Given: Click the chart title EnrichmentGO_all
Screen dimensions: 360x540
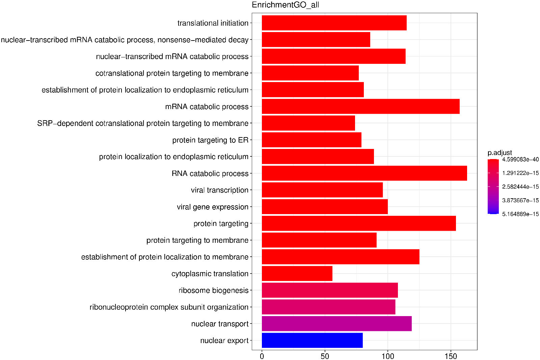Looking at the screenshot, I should click(x=285, y=5).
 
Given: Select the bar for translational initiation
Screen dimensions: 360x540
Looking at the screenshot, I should click(x=334, y=23).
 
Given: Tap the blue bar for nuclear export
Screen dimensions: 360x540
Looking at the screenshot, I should click(x=312, y=340).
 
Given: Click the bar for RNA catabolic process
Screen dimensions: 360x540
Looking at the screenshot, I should click(x=364, y=173).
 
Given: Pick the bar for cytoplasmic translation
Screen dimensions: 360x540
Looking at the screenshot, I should click(x=297, y=274).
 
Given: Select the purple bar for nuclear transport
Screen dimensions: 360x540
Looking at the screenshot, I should click(x=336, y=324).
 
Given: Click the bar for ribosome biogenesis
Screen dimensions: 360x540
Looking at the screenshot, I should click(x=330, y=290).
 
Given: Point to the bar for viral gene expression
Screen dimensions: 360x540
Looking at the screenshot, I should click(x=325, y=207).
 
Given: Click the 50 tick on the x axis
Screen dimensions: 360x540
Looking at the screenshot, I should click(x=325, y=356).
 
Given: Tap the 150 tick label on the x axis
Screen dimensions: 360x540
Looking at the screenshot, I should click(x=451, y=356).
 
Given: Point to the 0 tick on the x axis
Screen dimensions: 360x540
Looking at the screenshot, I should click(x=262, y=356).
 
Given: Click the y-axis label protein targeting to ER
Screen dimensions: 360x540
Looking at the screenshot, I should click(x=210, y=140).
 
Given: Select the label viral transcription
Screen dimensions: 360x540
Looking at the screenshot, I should click(x=219, y=190).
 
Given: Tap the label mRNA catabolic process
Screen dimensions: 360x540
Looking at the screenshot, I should click(x=207, y=107).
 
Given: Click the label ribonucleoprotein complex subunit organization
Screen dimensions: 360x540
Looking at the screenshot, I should click(x=169, y=307).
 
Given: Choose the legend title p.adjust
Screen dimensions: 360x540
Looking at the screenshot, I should click(x=500, y=153).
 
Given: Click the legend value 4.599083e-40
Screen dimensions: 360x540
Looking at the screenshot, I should click(x=520, y=159).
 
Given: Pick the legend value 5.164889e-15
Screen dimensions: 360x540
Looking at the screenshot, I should click(x=520, y=214).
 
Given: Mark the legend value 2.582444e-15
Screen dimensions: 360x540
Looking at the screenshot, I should click(x=520, y=187).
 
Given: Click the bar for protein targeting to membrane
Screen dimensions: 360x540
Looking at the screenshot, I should click(x=319, y=240).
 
